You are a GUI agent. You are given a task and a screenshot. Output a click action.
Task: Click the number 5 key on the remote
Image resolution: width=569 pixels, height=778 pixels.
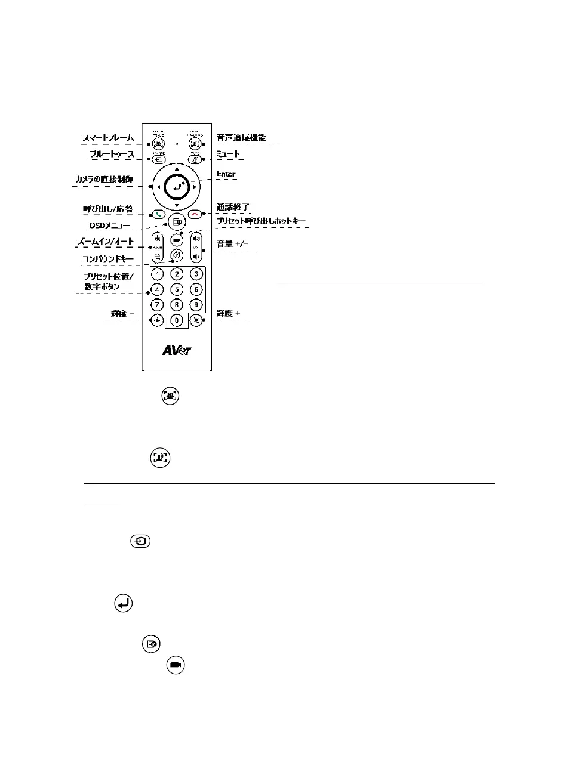point(177,289)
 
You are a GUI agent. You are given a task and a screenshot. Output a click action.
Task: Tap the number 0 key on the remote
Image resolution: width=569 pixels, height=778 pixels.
point(177,320)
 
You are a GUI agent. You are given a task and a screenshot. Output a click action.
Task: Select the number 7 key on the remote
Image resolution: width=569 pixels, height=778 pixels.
point(157,305)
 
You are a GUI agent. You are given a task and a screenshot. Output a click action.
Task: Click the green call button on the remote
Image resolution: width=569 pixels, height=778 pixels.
point(158,214)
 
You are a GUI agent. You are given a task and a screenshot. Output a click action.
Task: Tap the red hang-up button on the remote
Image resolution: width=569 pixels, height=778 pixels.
point(195,214)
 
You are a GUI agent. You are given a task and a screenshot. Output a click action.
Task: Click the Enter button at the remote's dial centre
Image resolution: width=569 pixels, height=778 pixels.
point(177,187)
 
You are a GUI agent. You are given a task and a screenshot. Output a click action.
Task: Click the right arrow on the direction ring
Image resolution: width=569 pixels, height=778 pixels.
point(195,187)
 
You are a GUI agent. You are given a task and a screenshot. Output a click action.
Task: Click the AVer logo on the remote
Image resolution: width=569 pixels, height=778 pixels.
point(177,350)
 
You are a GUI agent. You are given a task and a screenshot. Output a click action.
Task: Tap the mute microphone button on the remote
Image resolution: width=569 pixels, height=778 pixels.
point(195,159)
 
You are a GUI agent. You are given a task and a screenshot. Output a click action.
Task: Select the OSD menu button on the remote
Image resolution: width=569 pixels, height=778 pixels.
point(177,221)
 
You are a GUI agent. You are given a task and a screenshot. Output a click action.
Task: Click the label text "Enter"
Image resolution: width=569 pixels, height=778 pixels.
point(226,174)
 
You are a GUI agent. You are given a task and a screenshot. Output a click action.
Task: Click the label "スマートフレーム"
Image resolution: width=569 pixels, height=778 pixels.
point(108,138)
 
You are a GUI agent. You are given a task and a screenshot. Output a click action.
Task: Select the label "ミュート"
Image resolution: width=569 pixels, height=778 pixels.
point(228,154)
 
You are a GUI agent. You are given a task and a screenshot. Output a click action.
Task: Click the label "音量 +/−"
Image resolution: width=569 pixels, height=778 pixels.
point(232,244)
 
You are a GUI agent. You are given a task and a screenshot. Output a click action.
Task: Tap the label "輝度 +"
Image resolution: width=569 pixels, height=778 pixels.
point(228,313)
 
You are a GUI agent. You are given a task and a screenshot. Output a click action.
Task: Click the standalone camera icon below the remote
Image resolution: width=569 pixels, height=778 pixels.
point(176,665)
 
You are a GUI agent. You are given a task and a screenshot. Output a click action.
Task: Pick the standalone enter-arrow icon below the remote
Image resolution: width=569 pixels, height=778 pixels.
point(123,604)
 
